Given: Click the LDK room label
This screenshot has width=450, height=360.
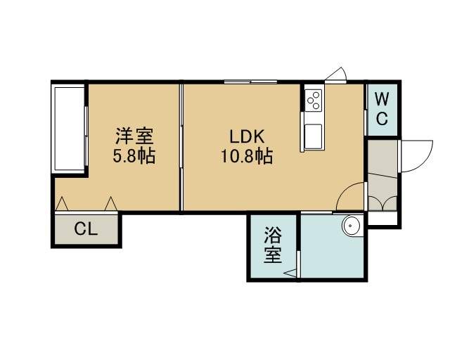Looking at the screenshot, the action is coord(247,136).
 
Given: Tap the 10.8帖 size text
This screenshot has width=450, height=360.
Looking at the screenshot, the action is coord(247,156).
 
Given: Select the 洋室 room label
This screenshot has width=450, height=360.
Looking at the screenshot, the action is coord(134,136).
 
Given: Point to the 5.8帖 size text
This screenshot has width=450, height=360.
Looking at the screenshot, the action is coord(134,156).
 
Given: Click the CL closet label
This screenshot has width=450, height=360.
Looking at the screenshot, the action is coord(86,229).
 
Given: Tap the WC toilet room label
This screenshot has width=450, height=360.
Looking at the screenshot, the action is coord(382,109).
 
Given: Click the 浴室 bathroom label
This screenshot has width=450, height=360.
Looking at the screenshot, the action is coord(273,245).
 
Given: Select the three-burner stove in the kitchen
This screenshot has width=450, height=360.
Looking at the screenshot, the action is coord(313,100).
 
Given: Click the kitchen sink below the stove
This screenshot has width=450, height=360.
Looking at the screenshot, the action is coord(313,136).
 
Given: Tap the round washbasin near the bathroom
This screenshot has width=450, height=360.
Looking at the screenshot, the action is coord(350,225).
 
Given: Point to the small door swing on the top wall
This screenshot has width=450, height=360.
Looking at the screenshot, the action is coord(337,75).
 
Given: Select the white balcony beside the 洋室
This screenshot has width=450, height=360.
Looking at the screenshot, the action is coord(68,129).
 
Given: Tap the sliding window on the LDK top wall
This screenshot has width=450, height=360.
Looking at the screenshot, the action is coord(250,82).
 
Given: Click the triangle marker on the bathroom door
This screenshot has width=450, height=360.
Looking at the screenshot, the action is coord(290,273).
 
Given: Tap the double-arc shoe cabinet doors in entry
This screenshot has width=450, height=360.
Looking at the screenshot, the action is coord(382,203).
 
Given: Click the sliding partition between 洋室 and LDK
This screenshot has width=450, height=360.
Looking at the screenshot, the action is coord(181,147).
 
